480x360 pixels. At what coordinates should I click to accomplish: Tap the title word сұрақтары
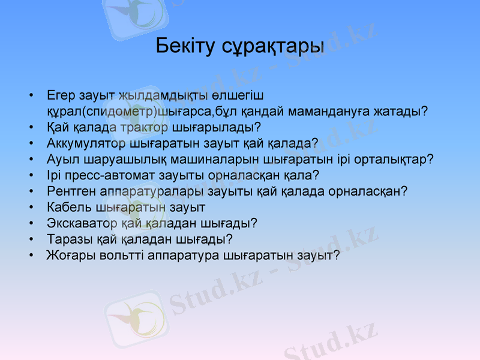(270, 47)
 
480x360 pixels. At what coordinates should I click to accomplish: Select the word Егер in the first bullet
(61, 95)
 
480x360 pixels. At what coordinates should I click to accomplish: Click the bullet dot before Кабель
(31, 208)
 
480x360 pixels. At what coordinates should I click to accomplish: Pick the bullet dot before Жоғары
(31, 256)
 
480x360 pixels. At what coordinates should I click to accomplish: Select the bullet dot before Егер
(31, 96)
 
